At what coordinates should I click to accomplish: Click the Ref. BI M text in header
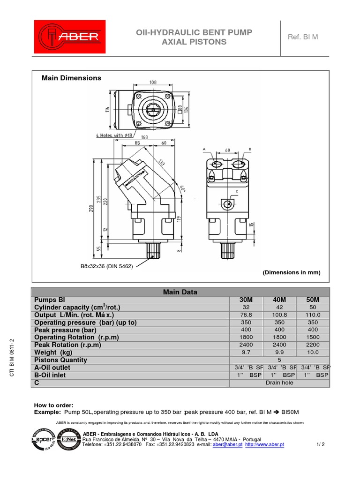[x=302, y=37]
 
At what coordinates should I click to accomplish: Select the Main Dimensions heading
[x=71, y=78]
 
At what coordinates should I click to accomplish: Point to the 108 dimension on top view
[x=152, y=82]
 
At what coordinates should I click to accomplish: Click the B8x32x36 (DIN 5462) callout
[x=107, y=266]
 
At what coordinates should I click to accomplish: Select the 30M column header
[x=246, y=300]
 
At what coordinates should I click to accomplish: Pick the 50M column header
[x=313, y=300]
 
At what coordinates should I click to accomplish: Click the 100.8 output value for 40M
[x=279, y=315]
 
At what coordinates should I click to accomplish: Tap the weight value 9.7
[x=246, y=352]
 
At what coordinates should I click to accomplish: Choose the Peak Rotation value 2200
[x=313, y=345]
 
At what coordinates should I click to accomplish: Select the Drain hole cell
[x=279, y=383]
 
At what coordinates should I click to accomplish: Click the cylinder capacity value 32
[x=246, y=307]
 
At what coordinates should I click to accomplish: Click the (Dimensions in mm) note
[x=291, y=272]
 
